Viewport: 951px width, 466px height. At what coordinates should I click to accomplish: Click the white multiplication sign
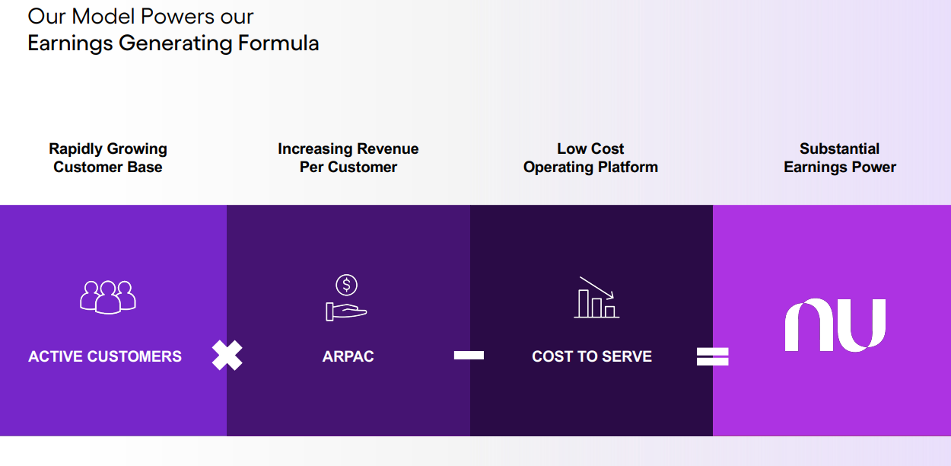tap(227, 356)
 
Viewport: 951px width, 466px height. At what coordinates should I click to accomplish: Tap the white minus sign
tap(469, 355)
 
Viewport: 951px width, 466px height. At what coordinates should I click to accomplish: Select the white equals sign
tap(713, 356)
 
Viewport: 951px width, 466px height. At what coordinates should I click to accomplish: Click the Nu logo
tap(835, 325)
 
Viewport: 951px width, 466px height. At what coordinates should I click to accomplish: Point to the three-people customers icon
tap(108, 296)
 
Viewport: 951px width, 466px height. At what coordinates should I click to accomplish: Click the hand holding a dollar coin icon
tap(346, 298)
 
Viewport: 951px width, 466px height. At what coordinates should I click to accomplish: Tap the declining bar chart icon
tap(596, 298)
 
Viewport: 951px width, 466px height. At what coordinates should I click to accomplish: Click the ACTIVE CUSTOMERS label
tap(105, 356)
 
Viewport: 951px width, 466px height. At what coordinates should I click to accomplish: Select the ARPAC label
tap(348, 356)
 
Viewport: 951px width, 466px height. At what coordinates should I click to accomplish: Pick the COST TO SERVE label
tap(592, 356)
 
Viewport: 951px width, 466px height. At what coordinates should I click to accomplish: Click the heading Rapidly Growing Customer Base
tap(108, 158)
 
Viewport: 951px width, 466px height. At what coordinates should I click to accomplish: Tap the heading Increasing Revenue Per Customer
tap(348, 158)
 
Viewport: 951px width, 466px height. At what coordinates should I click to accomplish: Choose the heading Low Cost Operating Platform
tap(590, 158)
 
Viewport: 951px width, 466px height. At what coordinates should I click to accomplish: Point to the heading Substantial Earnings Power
tap(840, 158)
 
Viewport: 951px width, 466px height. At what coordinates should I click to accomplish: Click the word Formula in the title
tap(278, 43)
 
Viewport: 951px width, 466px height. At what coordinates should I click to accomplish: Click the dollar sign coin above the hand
tap(347, 285)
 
